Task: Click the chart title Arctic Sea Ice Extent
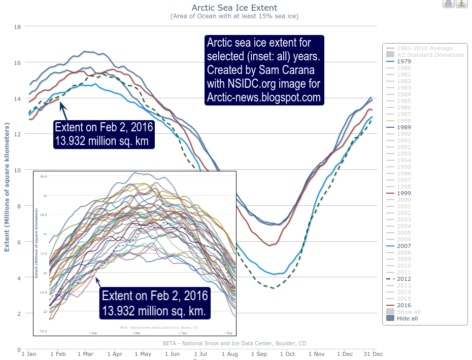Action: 234,8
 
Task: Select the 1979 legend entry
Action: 404,61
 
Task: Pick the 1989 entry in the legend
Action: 404,127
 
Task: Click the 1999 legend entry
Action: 404,193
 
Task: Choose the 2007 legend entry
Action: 404,246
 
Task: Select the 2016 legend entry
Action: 404,305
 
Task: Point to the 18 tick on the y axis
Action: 17,26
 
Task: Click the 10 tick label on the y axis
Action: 17,170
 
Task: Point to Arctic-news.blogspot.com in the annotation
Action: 264,97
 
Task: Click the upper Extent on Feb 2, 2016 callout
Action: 104,133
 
